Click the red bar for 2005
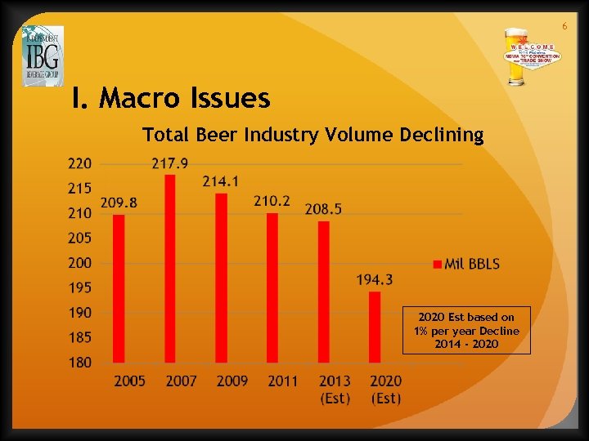(x=119, y=288)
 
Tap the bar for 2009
(x=221, y=278)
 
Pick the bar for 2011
(x=272, y=287)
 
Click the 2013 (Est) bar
(x=324, y=292)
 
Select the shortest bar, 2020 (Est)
(x=375, y=327)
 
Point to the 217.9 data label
(x=170, y=163)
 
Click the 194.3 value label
(x=375, y=280)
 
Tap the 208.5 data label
(x=324, y=209)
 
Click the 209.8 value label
(x=119, y=203)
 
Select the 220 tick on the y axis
(x=79, y=163)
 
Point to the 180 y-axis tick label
(x=79, y=362)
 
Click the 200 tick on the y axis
(x=79, y=263)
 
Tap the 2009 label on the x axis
(x=232, y=381)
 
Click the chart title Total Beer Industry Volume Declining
(x=313, y=134)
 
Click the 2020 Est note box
(x=466, y=330)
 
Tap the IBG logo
(x=43, y=56)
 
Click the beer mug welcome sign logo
(x=531, y=57)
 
